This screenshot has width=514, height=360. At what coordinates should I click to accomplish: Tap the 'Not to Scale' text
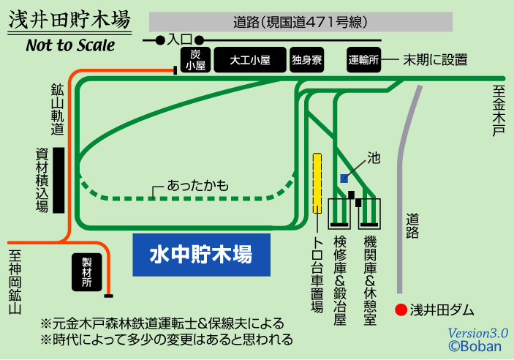tap(70, 45)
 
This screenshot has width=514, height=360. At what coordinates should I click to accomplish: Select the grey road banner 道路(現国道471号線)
tap(299, 22)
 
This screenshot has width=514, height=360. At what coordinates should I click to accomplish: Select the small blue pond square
tap(344, 178)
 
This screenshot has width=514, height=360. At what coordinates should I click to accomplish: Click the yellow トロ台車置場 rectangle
tap(317, 183)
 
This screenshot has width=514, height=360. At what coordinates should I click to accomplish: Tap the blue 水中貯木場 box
tap(201, 255)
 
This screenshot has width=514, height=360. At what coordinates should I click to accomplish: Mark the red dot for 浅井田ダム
tap(399, 309)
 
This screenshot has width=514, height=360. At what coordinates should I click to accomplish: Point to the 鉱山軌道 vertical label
tap(57, 109)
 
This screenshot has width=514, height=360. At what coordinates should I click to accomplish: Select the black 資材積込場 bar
tap(59, 180)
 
